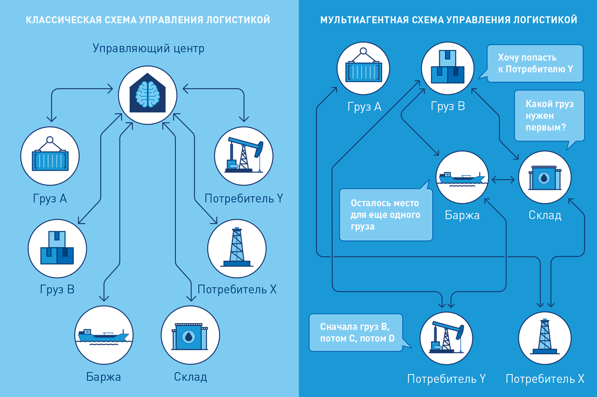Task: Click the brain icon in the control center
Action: click(148, 94)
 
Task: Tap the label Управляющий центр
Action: click(148, 48)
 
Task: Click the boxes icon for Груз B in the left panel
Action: click(57, 248)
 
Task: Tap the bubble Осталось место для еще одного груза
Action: click(386, 212)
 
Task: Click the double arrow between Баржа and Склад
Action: click(503, 180)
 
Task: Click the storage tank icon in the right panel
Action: click(545, 178)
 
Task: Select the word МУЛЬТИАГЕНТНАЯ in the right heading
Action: click(364, 20)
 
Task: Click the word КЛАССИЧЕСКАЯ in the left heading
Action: click(64, 20)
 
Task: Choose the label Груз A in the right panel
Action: click(364, 107)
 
